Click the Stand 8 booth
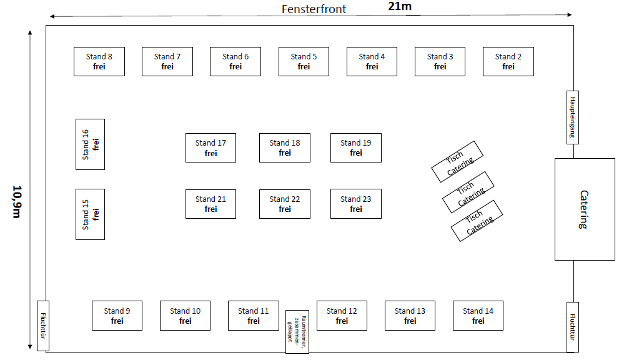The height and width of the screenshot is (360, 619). click(99, 61)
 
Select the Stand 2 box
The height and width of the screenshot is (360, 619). click(508, 61)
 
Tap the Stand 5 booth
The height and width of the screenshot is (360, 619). click(304, 61)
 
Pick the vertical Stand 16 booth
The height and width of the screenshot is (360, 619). click(90, 144)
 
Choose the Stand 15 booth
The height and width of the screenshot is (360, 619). click(90, 214)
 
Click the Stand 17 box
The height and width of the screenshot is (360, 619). click(210, 147)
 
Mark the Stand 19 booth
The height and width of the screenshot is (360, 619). click(355, 147)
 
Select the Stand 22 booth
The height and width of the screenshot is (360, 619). click(285, 204)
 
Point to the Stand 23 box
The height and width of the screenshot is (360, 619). click(355, 204)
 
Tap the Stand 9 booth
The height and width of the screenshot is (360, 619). click(117, 316)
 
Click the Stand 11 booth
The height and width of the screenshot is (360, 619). click(253, 316)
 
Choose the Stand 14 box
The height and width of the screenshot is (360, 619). click(478, 316)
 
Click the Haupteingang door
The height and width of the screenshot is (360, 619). click(572, 117)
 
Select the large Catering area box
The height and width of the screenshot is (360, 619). click(585, 209)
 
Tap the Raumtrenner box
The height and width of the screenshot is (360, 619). click(297, 331)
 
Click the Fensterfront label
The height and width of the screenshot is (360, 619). click(314, 9)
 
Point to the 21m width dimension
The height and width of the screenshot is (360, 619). click(400, 6)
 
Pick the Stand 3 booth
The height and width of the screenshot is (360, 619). click(440, 61)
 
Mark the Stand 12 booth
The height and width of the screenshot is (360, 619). click(341, 316)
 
